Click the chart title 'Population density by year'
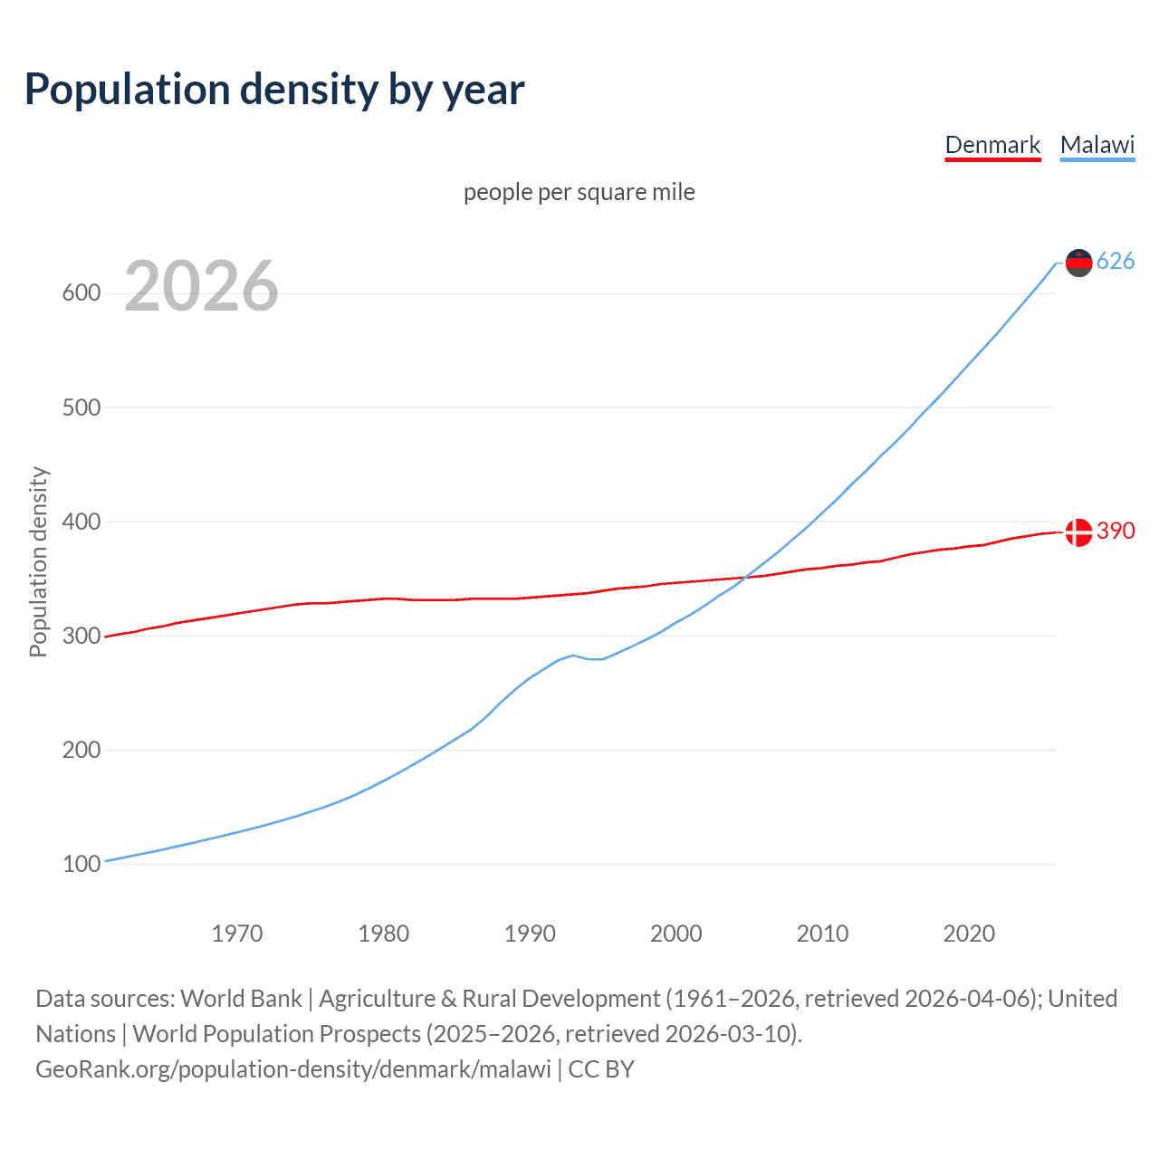click(x=274, y=90)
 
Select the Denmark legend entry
click(x=992, y=145)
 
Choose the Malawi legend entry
click(x=1097, y=145)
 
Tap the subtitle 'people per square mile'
click(x=579, y=192)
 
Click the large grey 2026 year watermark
click(x=201, y=286)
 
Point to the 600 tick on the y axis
click(x=81, y=293)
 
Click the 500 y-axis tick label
click(x=81, y=407)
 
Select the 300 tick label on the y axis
click(x=81, y=636)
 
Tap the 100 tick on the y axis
click(x=81, y=864)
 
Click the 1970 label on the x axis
click(x=237, y=934)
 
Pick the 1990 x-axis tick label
click(x=530, y=934)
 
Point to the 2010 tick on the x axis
click(x=822, y=934)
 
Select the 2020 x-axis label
click(x=969, y=934)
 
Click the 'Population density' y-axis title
click(x=38, y=561)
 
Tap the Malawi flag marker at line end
click(x=1078, y=263)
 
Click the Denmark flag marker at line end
click(x=1078, y=532)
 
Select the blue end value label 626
click(x=1116, y=262)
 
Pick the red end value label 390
click(x=1116, y=531)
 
